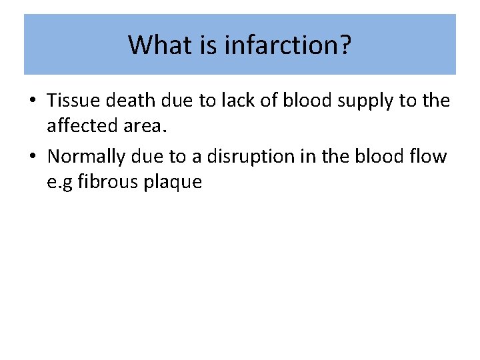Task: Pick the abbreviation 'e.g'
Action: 60,181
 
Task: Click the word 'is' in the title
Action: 205,45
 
